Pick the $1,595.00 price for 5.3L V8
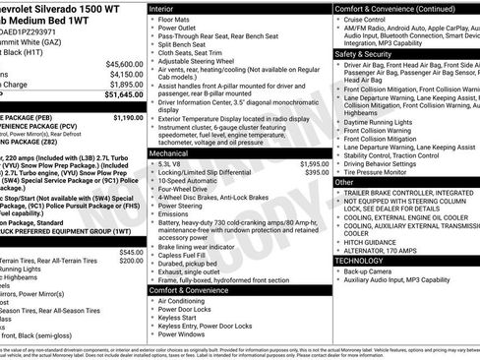314,163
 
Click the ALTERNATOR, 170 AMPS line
386,250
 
